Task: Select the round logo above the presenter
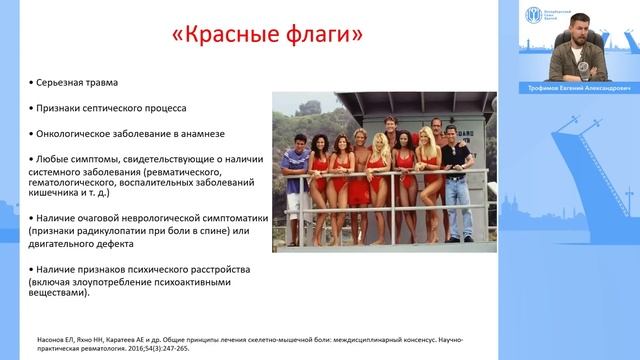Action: [x=536, y=15]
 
